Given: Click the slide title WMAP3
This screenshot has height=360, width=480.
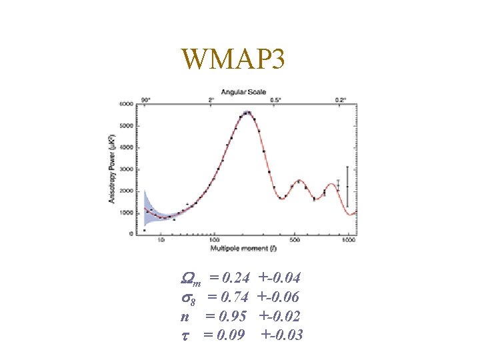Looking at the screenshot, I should click(x=233, y=61).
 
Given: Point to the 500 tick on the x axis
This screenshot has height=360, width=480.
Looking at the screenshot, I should click(x=295, y=241).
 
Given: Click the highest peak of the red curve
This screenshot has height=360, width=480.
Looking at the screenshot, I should click(x=248, y=113).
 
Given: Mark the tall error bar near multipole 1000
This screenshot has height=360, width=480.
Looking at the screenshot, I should click(x=347, y=187).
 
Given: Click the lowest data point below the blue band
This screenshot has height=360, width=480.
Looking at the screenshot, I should click(x=144, y=230).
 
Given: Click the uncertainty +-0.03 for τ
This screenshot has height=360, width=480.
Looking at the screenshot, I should click(x=283, y=335).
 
